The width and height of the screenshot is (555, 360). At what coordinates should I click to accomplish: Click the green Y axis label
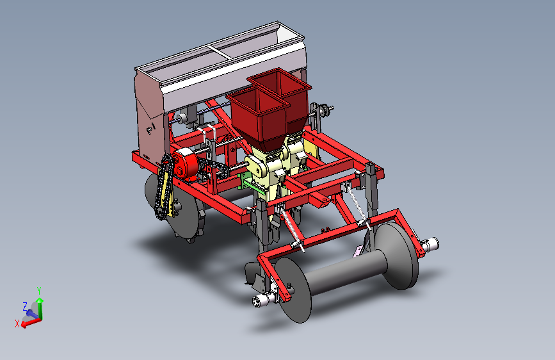point(39,291)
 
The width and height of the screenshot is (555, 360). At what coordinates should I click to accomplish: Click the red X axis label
point(17,323)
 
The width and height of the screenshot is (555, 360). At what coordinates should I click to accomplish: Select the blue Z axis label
point(25,306)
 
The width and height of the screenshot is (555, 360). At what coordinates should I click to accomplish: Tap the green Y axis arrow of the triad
point(40,308)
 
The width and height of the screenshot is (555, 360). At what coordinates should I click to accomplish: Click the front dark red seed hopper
point(258,117)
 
